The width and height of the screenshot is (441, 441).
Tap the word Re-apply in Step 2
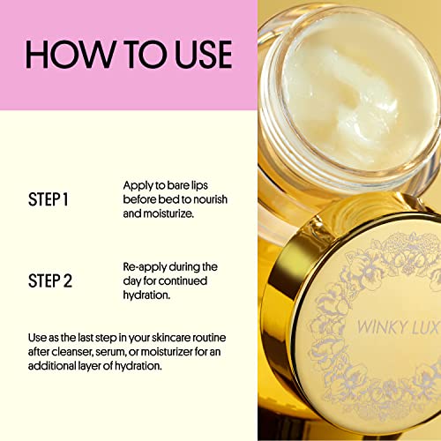pos(145,266)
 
